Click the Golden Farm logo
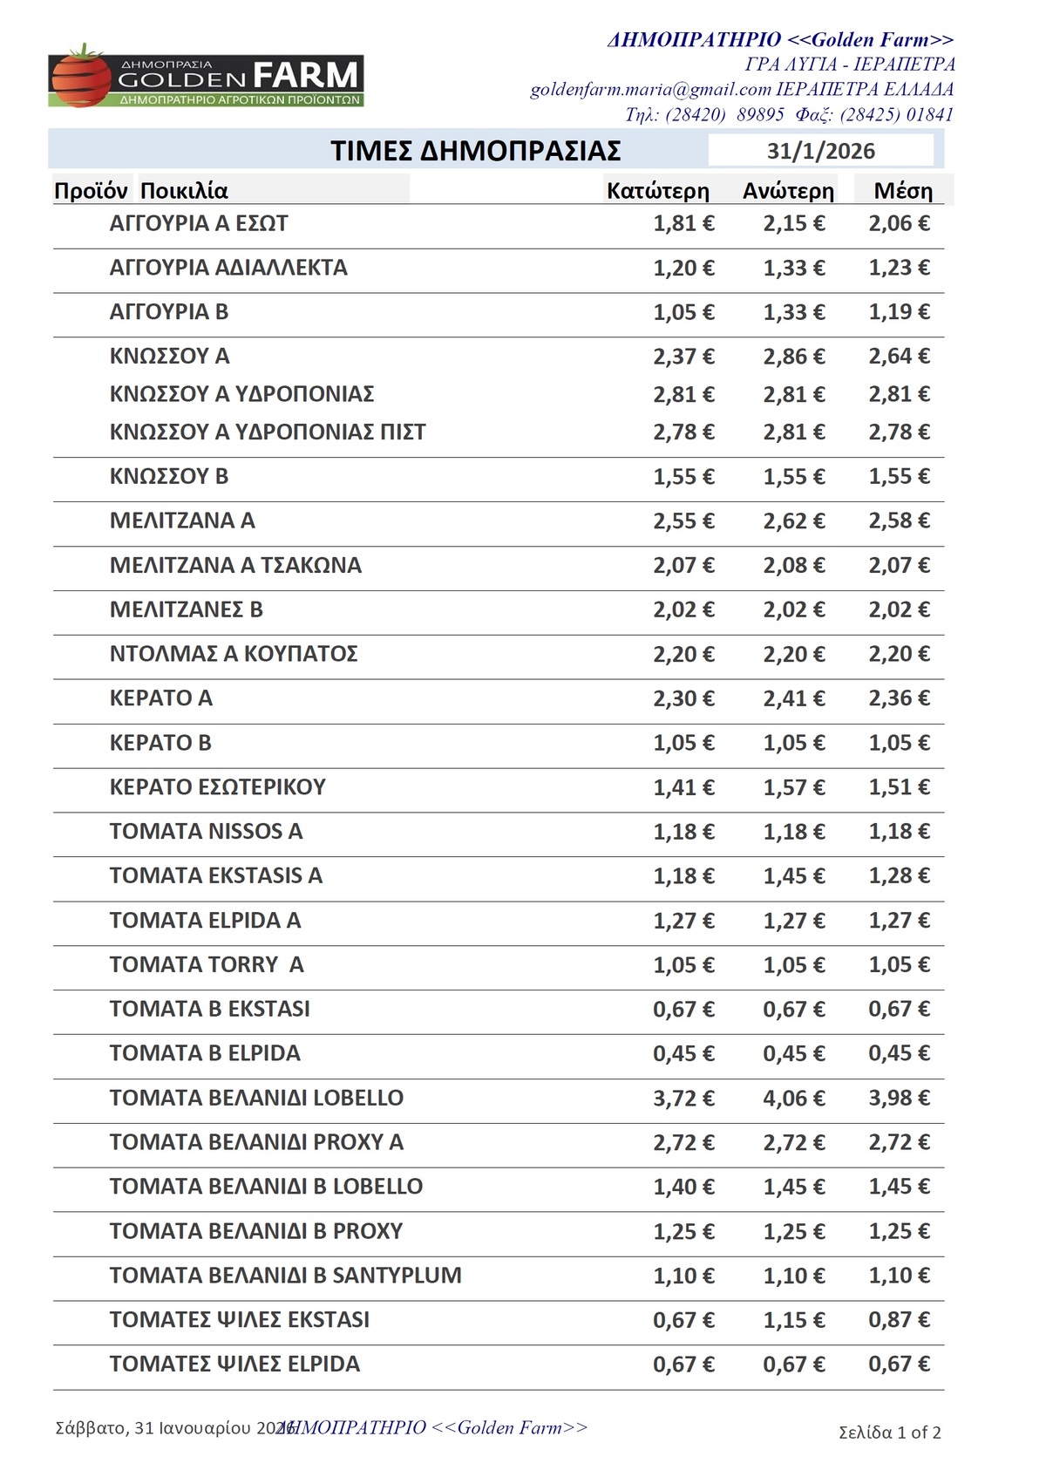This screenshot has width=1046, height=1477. coord(206,77)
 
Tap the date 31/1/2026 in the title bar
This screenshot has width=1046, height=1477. coord(820,151)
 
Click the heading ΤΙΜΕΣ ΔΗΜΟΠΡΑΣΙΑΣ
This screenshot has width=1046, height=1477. coord(475,151)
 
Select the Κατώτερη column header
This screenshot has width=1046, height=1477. coord(657,191)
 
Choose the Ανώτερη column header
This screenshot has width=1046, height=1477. coord(788,191)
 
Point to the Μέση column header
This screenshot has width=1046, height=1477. coord(903,191)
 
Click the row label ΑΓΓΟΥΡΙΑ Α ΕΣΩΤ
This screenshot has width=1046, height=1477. coord(199,224)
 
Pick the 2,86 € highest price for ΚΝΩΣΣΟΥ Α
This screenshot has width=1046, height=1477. coord(793,357)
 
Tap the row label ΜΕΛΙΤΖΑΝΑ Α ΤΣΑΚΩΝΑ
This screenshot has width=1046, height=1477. coord(235,566)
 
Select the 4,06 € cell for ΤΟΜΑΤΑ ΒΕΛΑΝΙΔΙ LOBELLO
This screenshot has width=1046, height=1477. coord(793,1099)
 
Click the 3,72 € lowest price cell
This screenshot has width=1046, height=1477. coord(683,1099)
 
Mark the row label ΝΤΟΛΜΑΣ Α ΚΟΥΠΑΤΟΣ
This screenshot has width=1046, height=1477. coord(234,654)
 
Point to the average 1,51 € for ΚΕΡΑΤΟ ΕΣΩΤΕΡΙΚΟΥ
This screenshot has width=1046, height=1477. coord(899,787)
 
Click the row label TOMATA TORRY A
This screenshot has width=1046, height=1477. coord(207,965)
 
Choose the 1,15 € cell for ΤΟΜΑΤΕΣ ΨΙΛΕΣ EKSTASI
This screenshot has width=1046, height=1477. coord(793,1320)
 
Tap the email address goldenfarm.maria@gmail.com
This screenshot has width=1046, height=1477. coord(650,89)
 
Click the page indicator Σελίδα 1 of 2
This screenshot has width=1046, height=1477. coord(889,1433)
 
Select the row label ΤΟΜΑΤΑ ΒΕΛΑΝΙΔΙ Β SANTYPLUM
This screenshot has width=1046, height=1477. coord(285,1276)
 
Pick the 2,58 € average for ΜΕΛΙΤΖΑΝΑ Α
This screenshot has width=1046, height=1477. coord(899,521)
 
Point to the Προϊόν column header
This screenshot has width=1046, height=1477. coord(91,191)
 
